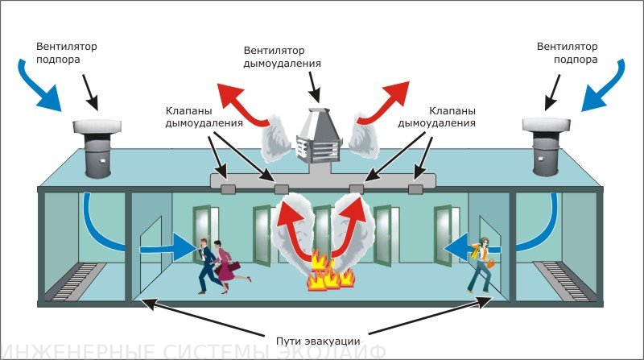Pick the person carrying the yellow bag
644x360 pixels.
pyautogui.click(x=481, y=262)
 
